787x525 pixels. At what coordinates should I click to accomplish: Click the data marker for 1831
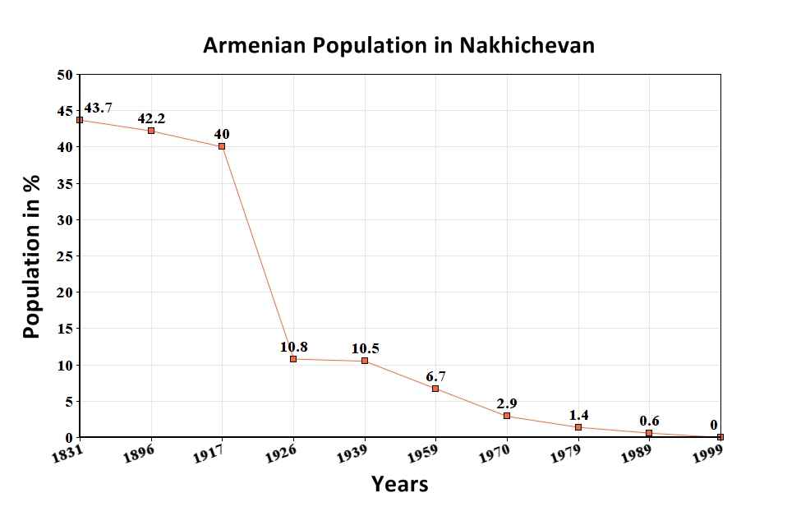coord(80,120)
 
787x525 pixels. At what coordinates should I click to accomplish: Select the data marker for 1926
coord(293,359)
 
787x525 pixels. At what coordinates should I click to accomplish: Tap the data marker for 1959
coord(435,389)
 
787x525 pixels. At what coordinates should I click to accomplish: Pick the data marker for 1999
coord(720,437)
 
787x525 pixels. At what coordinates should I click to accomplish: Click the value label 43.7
coord(99,108)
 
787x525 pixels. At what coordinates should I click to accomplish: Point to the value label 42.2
coord(151,118)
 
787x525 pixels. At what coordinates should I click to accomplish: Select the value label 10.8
coord(293,347)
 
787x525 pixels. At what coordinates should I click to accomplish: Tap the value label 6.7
coord(435,376)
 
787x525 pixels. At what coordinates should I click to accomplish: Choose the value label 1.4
coord(578,415)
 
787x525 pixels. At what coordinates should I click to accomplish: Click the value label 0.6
coord(649,421)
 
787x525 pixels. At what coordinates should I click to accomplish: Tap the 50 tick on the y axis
coord(65,75)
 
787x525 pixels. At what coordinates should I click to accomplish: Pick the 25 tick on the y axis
coord(65,256)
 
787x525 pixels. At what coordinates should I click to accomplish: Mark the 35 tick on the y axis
coord(65,183)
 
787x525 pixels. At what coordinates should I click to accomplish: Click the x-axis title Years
coord(399,484)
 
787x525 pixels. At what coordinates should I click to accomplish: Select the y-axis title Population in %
coord(31,256)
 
